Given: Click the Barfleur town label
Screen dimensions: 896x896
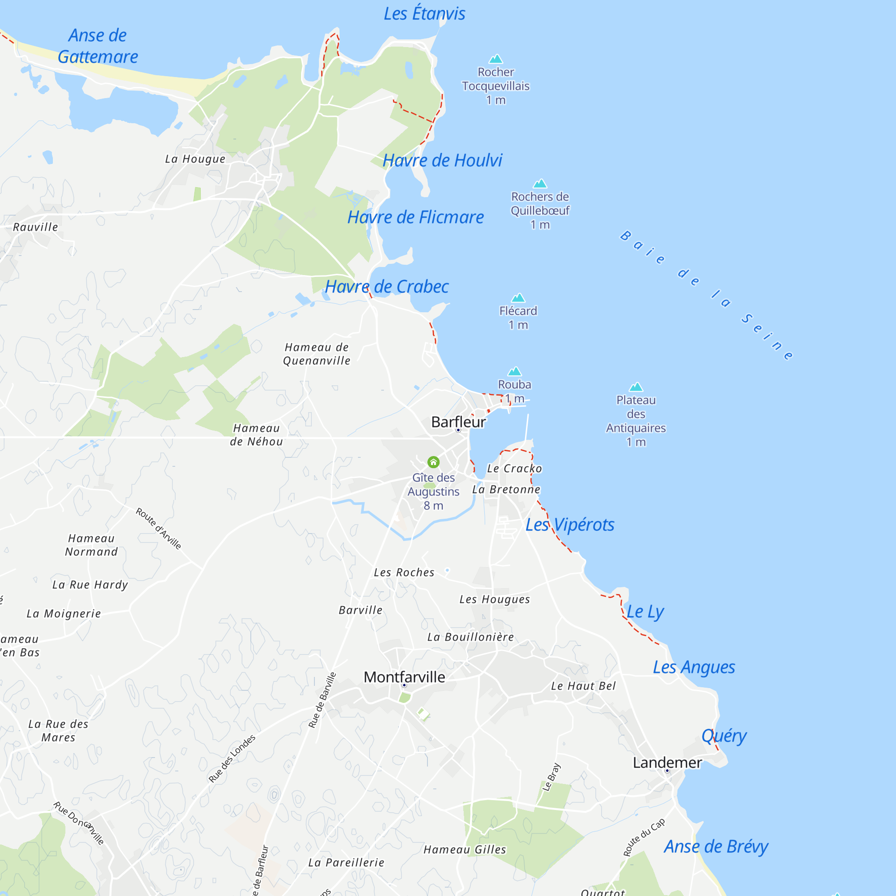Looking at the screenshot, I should [x=458, y=422].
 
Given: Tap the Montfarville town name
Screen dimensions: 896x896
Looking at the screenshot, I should [x=404, y=677].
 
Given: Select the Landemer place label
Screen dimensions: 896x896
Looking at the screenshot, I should [x=667, y=762].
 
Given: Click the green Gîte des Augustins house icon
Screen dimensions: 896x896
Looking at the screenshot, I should [x=433, y=462].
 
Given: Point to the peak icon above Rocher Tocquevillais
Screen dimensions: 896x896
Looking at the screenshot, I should [x=496, y=59].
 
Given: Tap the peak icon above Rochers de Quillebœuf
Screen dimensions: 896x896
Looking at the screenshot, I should [x=540, y=184].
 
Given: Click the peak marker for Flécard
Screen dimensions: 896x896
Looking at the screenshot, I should [x=518, y=298].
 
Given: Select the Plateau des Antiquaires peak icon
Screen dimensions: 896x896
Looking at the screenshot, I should [x=636, y=387].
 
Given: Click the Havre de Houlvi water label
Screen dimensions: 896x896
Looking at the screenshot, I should [x=442, y=160].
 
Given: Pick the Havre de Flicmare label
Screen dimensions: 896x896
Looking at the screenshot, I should [x=416, y=217].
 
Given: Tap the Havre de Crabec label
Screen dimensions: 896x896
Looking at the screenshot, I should [x=387, y=287].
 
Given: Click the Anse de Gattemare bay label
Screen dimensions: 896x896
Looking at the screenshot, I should [x=98, y=46].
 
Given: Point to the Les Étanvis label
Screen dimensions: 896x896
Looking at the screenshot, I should [x=424, y=13].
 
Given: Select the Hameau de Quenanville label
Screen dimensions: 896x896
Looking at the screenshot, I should [x=317, y=354].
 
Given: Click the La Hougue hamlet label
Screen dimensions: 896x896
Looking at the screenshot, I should [x=195, y=159].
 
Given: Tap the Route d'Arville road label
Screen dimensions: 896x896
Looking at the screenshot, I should [x=158, y=528].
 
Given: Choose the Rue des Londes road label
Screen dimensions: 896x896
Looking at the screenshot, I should [x=232, y=759].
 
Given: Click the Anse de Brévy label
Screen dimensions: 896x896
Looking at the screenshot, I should [x=715, y=846].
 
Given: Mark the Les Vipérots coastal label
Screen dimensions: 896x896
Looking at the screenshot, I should [x=569, y=525].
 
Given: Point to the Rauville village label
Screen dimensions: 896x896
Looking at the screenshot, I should [x=36, y=227].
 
